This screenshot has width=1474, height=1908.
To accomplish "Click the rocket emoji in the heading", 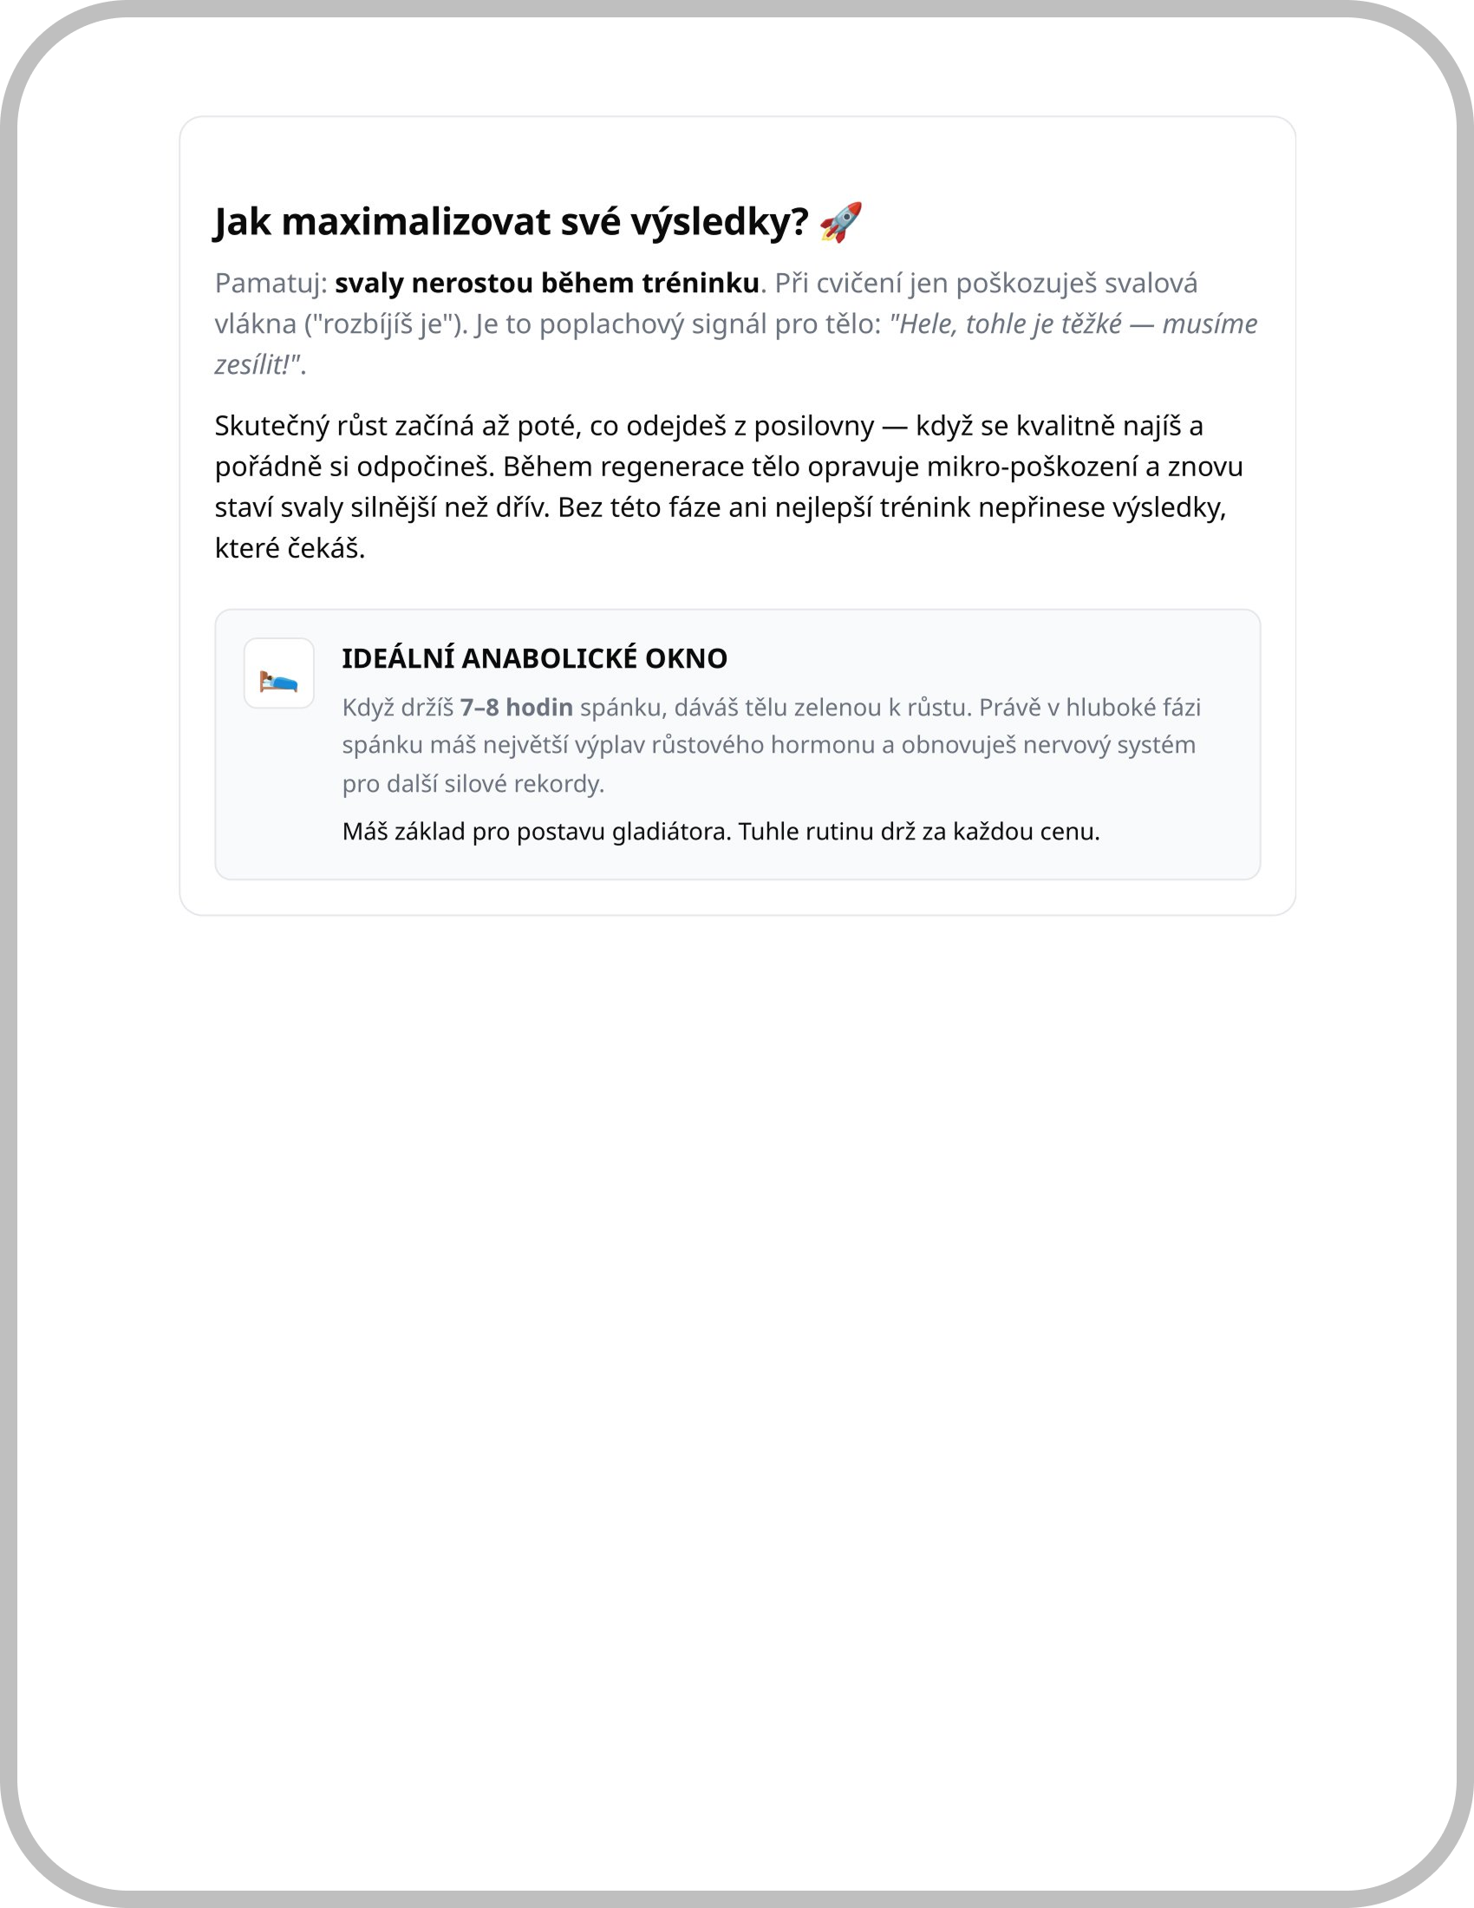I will (x=841, y=223).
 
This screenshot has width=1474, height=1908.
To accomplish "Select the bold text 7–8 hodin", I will (x=516, y=708).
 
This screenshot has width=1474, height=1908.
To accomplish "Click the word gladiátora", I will (x=670, y=831).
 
